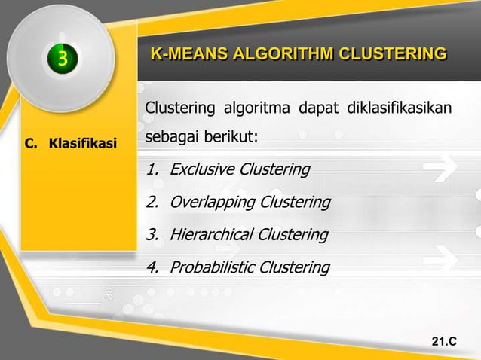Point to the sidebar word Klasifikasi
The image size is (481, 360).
(83, 142)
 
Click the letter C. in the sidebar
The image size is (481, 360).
(32, 142)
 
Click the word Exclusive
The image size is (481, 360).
(201, 169)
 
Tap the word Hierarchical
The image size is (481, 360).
(211, 235)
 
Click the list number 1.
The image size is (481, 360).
(152, 169)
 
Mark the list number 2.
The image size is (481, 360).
(152, 203)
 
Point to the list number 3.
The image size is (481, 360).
(152, 235)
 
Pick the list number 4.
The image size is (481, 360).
(152, 267)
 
